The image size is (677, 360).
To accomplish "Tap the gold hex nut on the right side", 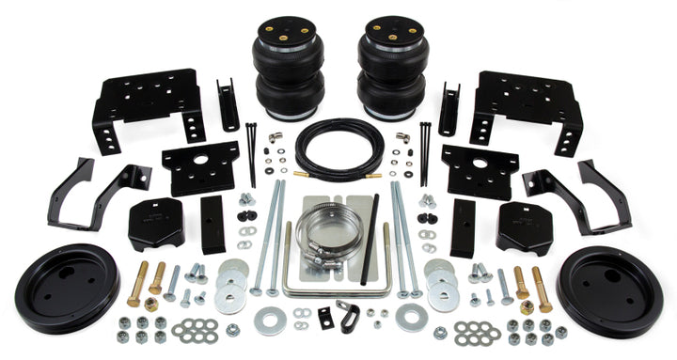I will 527,306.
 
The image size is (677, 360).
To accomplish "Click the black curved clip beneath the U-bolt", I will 325,316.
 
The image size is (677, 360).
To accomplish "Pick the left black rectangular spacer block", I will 213,227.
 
